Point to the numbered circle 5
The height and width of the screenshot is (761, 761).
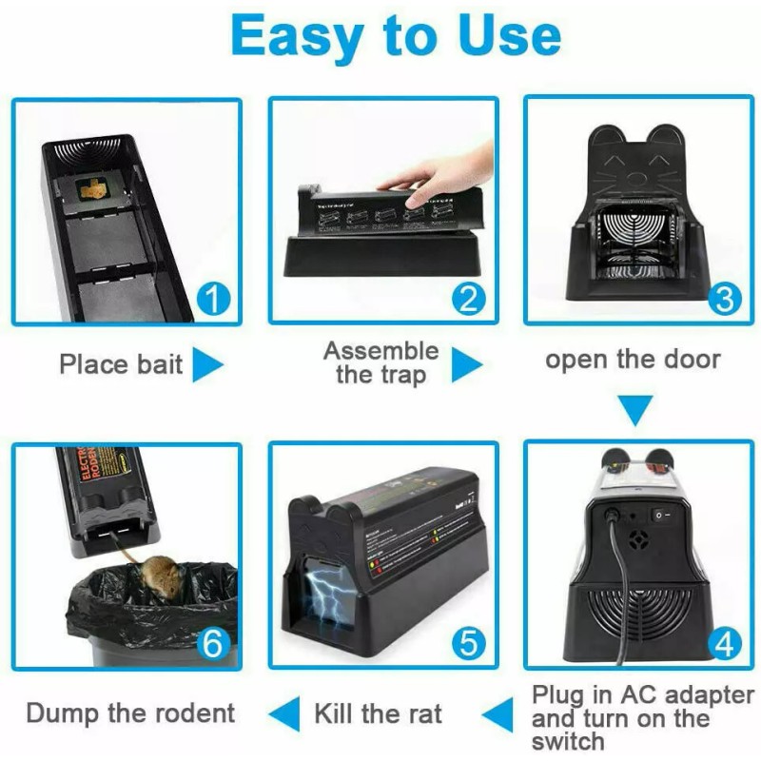(x=468, y=643)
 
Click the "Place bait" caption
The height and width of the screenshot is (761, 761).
(x=121, y=364)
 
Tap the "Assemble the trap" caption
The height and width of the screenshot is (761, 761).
(x=380, y=362)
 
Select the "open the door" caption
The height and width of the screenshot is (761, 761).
(x=633, y=360)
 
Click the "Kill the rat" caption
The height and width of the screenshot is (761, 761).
(x=378, y=712)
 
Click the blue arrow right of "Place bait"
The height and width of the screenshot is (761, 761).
(x=206, y=364)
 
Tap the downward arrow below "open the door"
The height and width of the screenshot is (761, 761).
(x=636, y=412)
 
